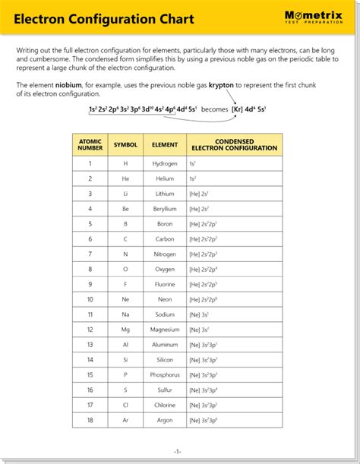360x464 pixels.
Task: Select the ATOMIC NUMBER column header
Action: click(90, 144)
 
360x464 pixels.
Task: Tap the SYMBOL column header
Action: click(125, 144)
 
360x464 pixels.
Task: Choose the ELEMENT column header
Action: click(165, 144)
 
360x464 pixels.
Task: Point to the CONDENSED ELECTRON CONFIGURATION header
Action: click(234, 144)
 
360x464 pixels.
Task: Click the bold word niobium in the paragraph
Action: click(67, 86)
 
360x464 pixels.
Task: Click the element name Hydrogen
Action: click(165, 164)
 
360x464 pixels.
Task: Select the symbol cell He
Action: click(125, 178)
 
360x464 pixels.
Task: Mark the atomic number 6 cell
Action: click(90, 239)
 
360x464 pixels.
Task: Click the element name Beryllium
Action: click(165, 209)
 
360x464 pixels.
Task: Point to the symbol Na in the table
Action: click(125, 314)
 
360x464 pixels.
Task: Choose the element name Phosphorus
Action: click(165, 375)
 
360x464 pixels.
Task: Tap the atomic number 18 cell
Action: click(90, 420)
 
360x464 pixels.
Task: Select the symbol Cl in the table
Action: click(125, 405)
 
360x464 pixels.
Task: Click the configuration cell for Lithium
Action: click(200, 194)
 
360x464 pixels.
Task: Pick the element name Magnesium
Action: click(165, 330)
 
